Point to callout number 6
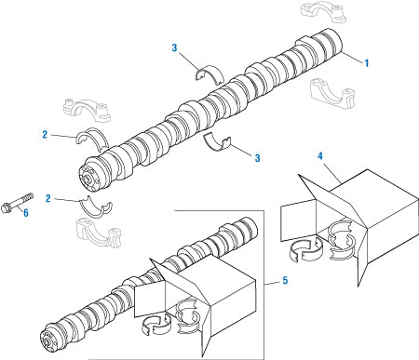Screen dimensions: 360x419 pyautogui.click(x=25, y=213)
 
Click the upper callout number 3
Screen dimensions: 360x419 pyautogui.click(x=174, y=47)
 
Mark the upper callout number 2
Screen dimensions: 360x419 pyautogui.click(x=45, y=135)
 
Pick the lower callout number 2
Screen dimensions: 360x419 pyautogui.click(x=47, y=198)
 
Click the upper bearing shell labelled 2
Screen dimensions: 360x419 pyautogui.click(x=91, y=140)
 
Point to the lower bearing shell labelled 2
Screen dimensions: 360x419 pyautogui.click(x=95, y=206)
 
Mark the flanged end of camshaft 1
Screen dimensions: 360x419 pyautogui.click(x=90, y=175)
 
